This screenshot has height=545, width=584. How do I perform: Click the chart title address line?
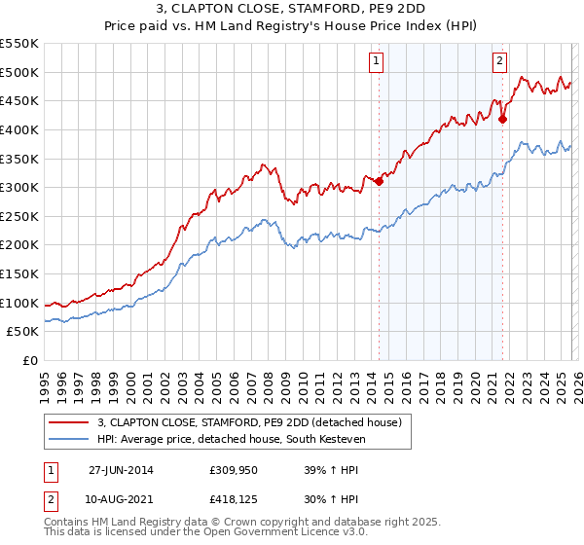click(291, 10)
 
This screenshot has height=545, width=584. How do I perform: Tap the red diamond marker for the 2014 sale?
click(379, 181)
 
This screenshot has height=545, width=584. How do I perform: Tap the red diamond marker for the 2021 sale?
click(503, 120)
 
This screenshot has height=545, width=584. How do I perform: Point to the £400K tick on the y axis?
click(19, 129)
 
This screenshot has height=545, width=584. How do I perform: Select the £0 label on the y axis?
click(29, 360)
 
